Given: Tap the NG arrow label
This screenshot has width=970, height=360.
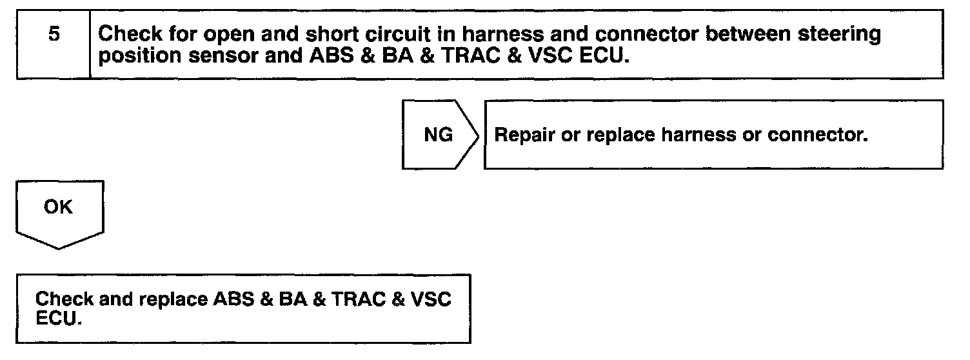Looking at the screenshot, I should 438,136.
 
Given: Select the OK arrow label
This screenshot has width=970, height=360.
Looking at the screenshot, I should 59,208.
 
